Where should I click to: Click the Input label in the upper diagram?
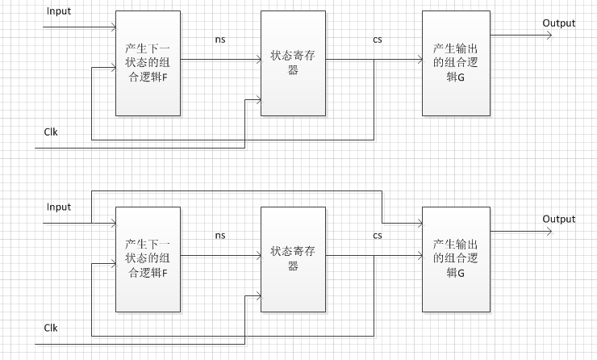click(59, 12)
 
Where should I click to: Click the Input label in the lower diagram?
click(59, 207)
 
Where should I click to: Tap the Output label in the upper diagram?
click(558, 23)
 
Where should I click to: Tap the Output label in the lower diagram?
click(558, 219)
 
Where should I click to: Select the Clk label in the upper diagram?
click(51, 131)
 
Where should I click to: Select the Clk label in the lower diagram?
click(51, 328)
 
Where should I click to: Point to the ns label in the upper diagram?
click(220, 40)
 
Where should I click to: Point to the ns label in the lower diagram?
click(220, 236)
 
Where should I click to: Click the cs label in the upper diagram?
click(378, 40)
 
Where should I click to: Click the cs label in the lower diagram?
click(378, 236)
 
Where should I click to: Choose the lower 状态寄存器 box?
click(293, 258)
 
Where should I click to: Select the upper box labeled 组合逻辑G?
click(455, 64)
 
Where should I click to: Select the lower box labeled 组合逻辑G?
click(455, 258)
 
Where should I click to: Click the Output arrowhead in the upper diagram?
click(549, 36)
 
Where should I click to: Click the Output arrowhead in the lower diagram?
click(549, 232)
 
